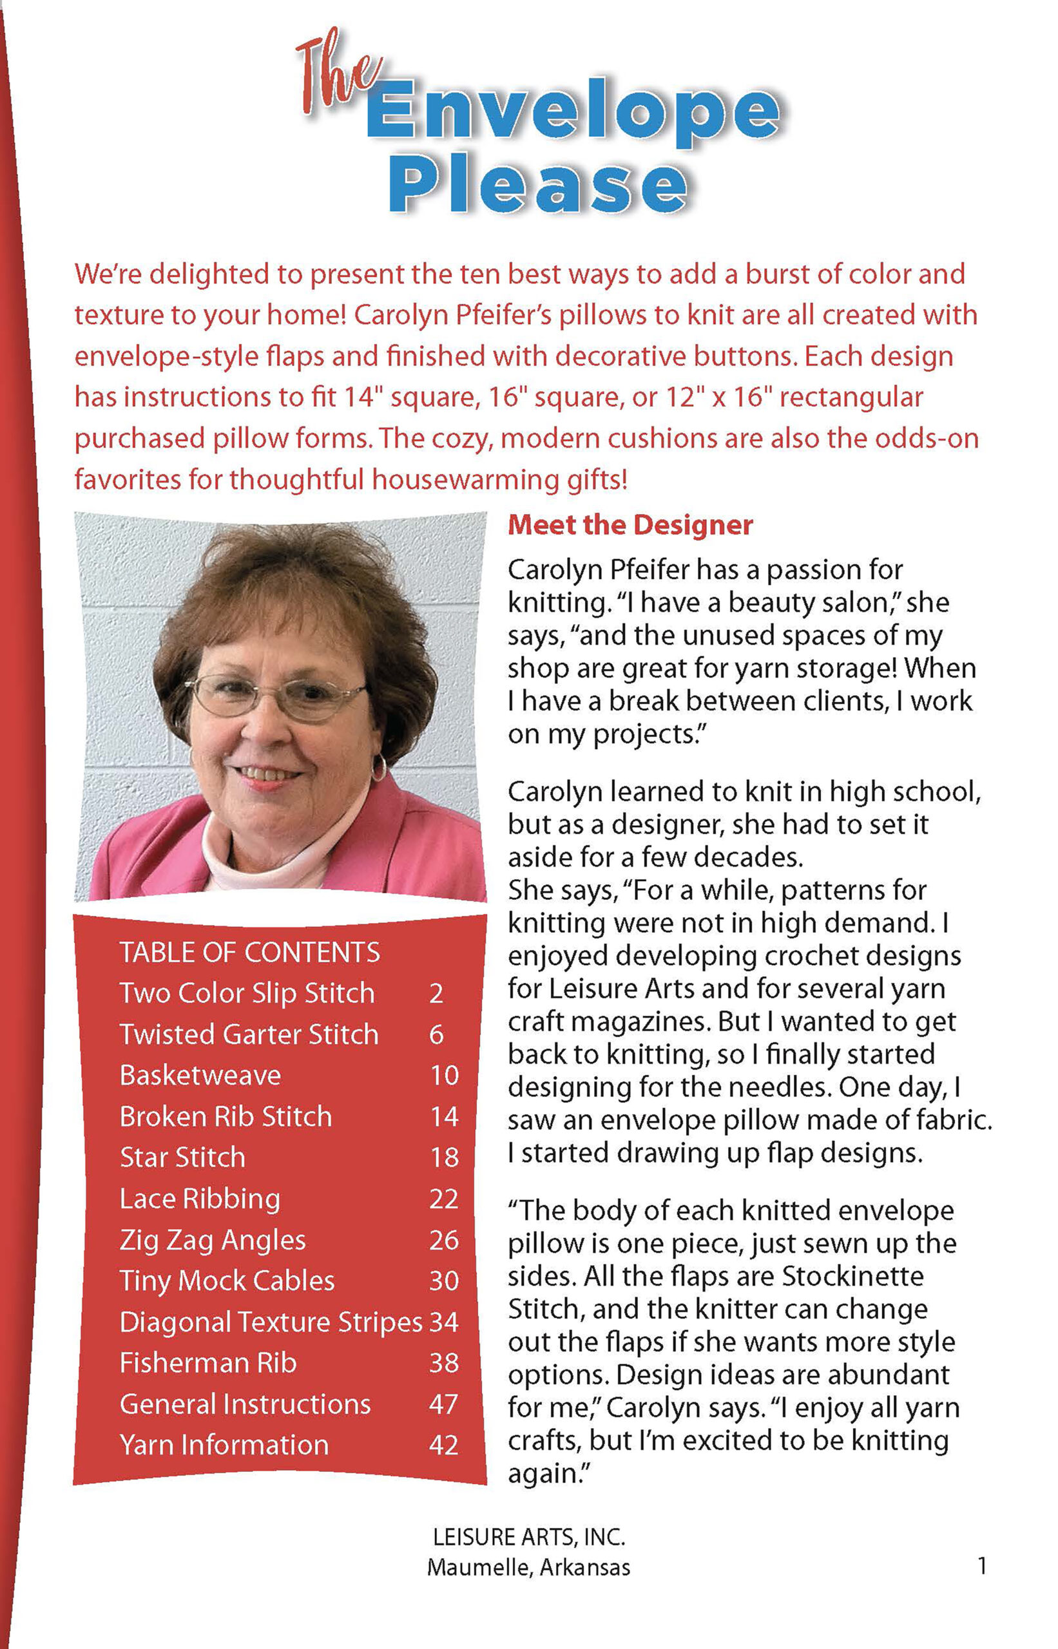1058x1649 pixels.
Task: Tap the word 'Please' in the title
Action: (x=537, y=184)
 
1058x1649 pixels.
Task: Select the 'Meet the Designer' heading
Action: (x=630, y=526)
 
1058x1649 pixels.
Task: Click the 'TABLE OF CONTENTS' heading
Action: (x=249, y=953)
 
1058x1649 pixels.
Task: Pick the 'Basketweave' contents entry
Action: (x=200, y=1076)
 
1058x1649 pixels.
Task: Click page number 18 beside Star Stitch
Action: (x=445, y=1158)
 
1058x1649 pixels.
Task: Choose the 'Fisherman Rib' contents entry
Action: (x=207, y=1363)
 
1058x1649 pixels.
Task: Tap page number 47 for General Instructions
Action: (x=444, y=1404)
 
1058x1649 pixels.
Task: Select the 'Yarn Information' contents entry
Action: (x=224, y=1445)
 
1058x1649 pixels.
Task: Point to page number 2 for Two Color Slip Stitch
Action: (x=436, y=994)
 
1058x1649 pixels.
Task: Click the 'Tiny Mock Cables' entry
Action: (x=227, y=1281)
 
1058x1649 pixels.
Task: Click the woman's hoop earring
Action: (x=378, y=768)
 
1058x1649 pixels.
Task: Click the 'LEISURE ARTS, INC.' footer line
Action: (x=528, y=1537)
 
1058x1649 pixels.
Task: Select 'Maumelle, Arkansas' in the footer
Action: (x=528, y=1567)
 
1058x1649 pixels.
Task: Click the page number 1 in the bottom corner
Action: (x=983, y=1566)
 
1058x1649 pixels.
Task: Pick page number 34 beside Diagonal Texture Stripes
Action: (x=444, y=1322)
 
